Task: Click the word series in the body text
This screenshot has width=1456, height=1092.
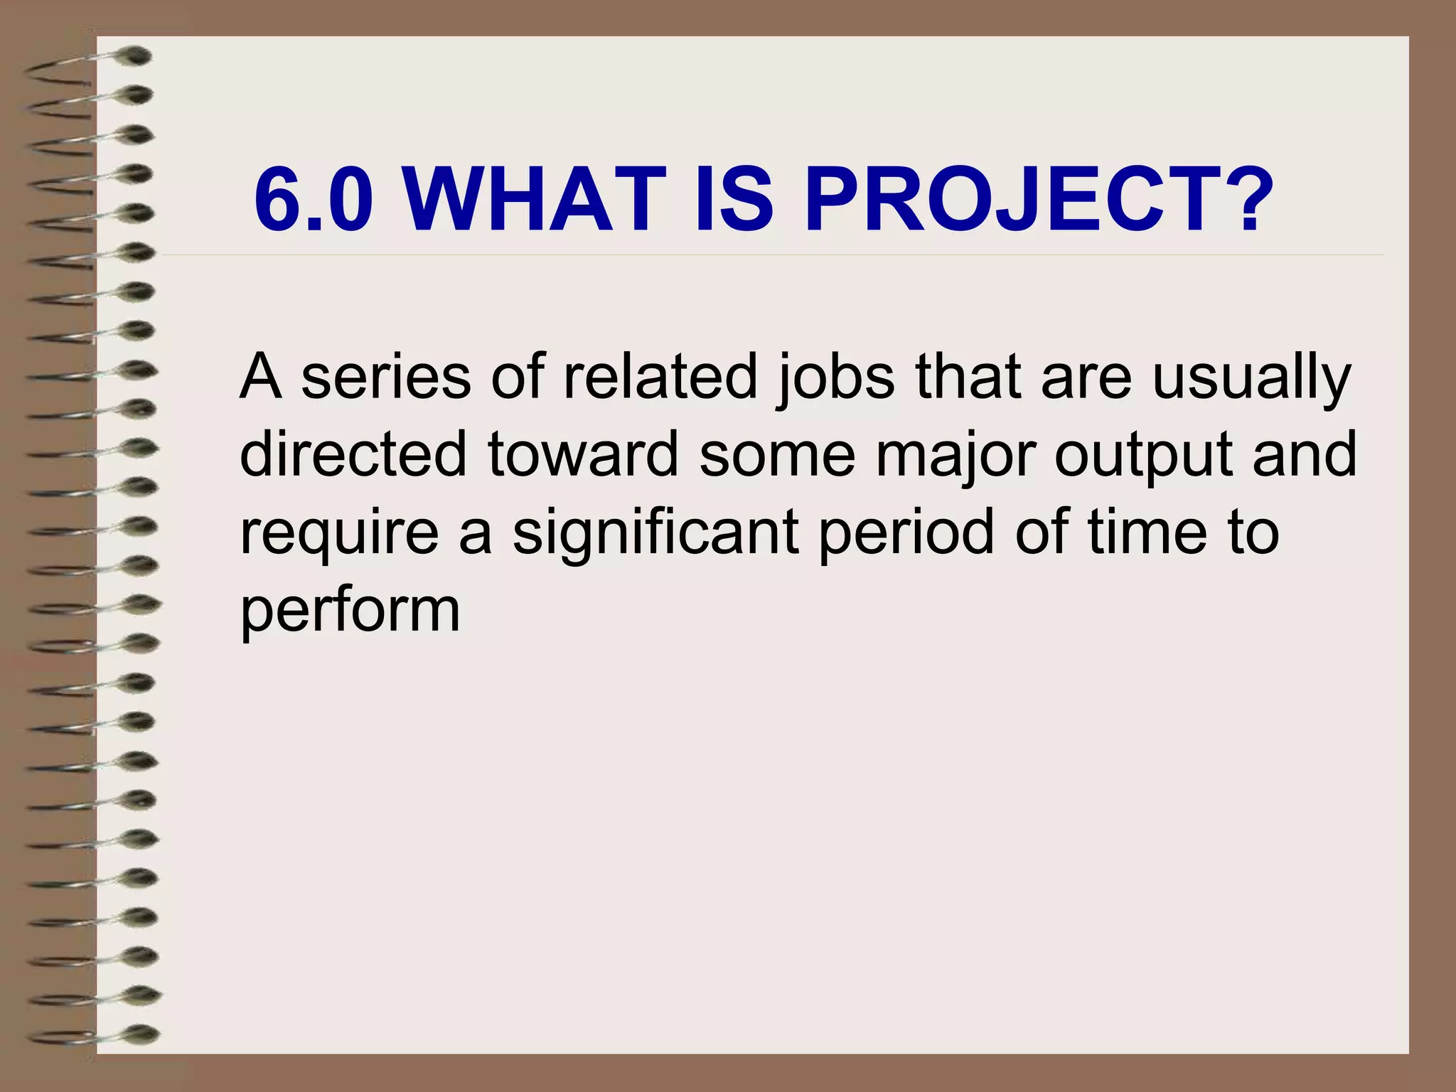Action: point(385,377)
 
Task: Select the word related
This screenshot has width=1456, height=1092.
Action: point(660,377)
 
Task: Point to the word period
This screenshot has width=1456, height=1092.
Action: point(906,533)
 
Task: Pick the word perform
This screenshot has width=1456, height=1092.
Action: point(350,611)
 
